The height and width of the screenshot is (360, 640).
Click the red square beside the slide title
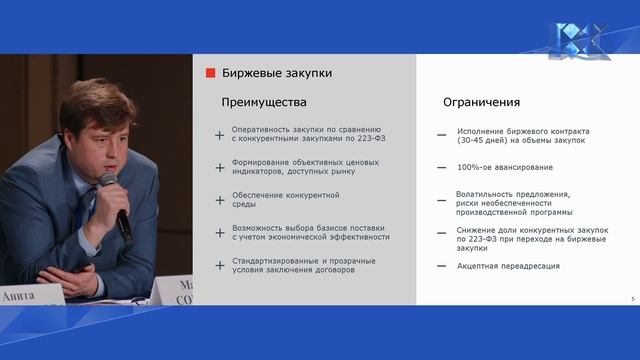pyautogui.click(x=211, y=73)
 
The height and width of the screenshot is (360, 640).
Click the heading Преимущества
pyautogui.click(x=263, y=102)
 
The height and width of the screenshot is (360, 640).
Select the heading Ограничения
pyautogui.click(x=481, y=102)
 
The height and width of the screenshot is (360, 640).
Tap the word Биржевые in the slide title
pyautogui.click(x=251, y=73)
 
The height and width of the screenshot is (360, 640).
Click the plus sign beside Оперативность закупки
pyautogui.click(x=220, y=134)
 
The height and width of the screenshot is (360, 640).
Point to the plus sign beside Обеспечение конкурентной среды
pyautogui.click(x=220, y=200)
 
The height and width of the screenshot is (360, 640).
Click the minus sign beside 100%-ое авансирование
pyautogui.click(x=441, y=167)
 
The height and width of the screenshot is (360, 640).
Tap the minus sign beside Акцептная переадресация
pyautogui.click(x=441, y=266)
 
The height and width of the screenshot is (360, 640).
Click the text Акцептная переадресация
pyautogui.click(x=508, y=266)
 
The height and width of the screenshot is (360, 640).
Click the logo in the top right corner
pyautogui.click(x=578, y=41)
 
